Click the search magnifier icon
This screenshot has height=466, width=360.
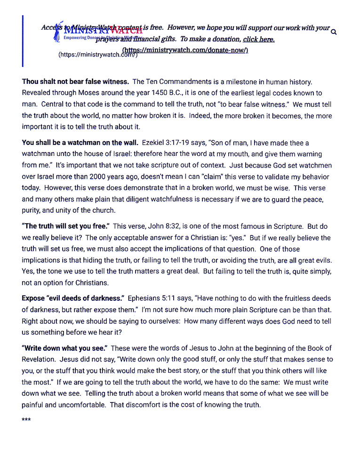pyautogui.click(x=334, y=32)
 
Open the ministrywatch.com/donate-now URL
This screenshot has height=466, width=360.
pyautogui.click(x=185, y=50)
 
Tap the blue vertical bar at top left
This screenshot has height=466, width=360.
pyautogui.click(x=24, y=41)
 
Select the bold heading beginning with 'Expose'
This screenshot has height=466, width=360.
pyautogui.click(x=73, y=298)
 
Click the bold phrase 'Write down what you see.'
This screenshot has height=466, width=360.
pyautogui.click(x=64, y=348)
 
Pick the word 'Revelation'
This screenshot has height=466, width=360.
pyautogui.click(x=40, y=359)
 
